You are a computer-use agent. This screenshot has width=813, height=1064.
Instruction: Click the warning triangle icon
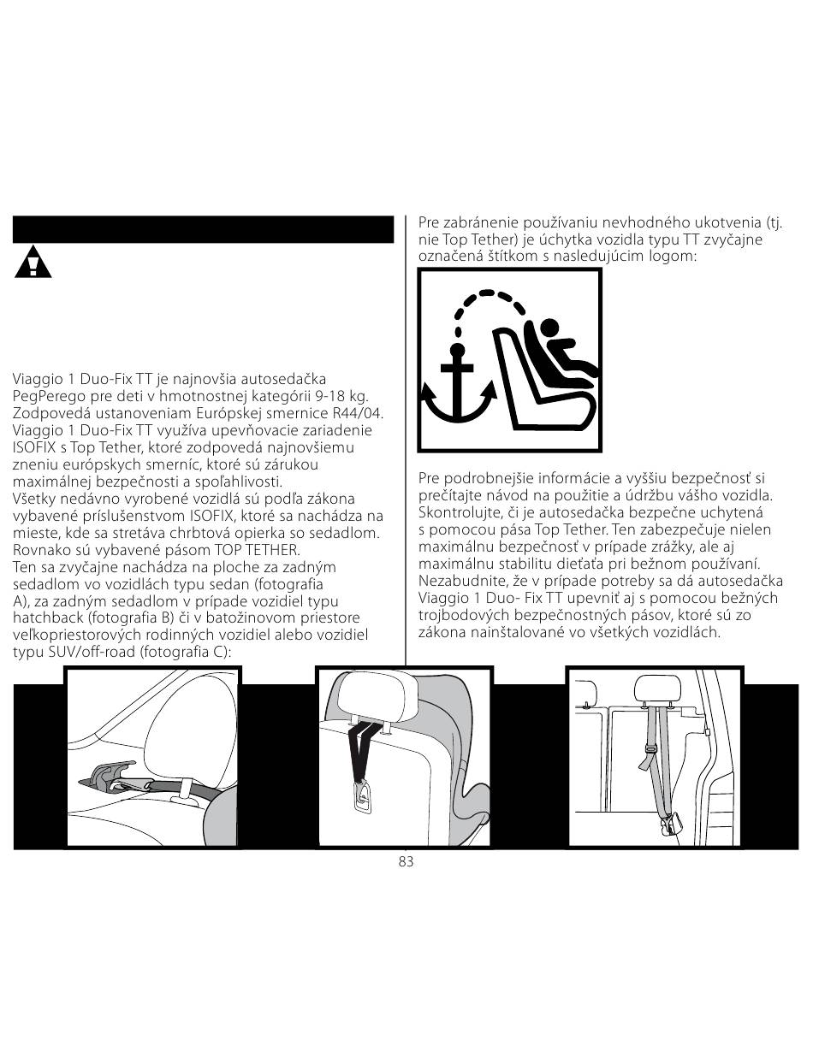tap(33, 263)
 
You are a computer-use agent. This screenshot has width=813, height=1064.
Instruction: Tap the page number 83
tap(406, 861)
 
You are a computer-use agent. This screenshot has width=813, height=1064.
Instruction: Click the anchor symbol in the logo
tap(457, 382)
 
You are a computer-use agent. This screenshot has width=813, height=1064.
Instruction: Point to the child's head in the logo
tap(549, 328)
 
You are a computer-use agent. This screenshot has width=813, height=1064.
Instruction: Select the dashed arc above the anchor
tap(487, 294)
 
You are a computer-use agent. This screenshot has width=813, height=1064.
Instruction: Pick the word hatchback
tap(49, 618)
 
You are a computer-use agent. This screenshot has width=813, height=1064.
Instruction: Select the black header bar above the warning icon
tap(203, 229)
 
